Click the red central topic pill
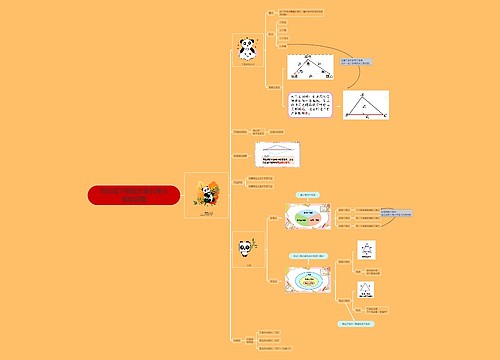133,195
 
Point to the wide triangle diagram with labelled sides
311,67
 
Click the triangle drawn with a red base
366,105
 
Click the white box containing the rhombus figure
277,154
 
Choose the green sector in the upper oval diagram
301,212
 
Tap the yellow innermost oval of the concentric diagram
310,283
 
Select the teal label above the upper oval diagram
310,196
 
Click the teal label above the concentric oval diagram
311,256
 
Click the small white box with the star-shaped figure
367,250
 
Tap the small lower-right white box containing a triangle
367,290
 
